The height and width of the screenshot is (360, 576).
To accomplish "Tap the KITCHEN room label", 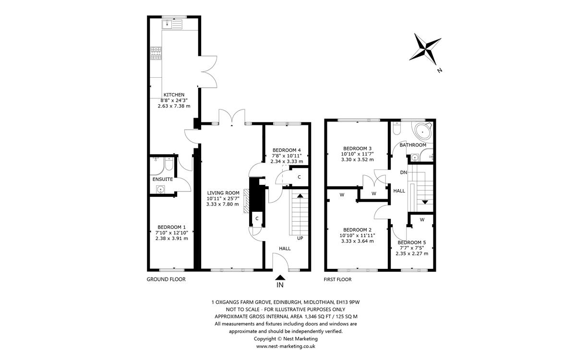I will point(174,95).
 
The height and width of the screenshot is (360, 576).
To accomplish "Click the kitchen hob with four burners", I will point(156,53).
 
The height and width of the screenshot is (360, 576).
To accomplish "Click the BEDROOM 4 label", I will point(286,150).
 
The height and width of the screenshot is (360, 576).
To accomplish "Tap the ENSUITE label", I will point(162,179).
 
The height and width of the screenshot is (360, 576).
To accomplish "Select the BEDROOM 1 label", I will point(171,227).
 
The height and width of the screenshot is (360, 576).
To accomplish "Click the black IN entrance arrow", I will point(280,277).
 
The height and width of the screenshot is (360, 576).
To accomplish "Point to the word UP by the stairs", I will point(300,238).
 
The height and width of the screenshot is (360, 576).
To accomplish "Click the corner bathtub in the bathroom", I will point(423,130).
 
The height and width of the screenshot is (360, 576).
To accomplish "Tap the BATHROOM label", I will point(413,145).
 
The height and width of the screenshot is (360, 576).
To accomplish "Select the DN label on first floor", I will point(404,172).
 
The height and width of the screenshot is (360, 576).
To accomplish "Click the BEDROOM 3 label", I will point(357,148).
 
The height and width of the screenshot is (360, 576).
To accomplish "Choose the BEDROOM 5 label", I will point(412,242).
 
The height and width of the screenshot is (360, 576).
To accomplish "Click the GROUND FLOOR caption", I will point(166,279).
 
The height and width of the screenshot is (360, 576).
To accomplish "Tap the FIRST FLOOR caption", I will point(338,279).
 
